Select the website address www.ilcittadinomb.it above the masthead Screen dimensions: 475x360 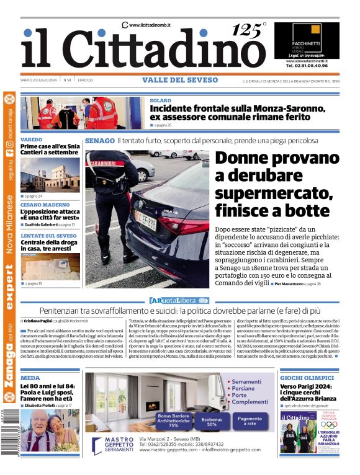click(x=150, y=24)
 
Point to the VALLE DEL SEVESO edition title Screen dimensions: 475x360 click(x=180, y=80)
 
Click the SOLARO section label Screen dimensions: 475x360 click(x=160, y=100)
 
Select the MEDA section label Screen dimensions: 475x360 click(x=30, y=377)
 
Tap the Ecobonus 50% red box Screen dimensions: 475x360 click(x=212, y=421)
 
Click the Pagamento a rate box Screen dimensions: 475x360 click(x=249, y=420)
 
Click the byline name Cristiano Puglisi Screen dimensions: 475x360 click(x=40, y=321)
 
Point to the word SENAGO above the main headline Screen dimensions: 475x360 click(x=99, y=141)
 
